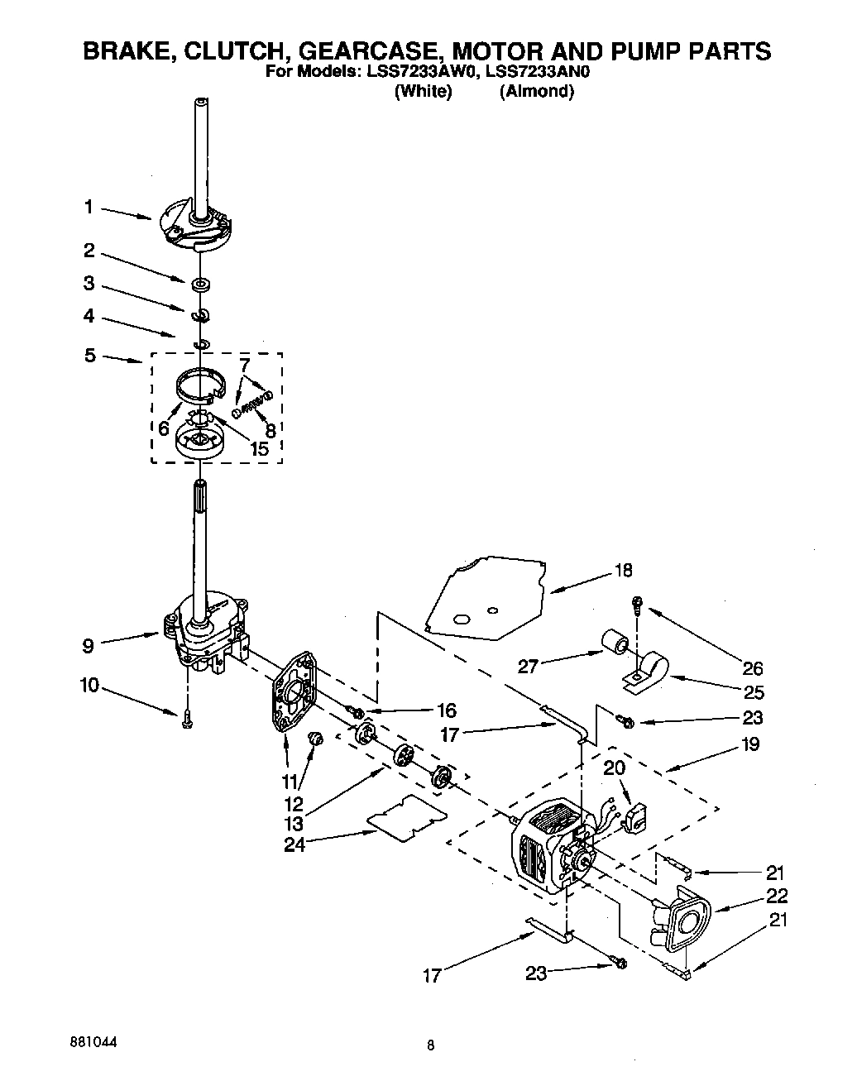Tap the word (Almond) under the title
pyautogui.click(x=536, y=92)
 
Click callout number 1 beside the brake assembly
pyautogui.click(x=89, y=208)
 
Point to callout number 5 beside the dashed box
pyautogui.click(x=89, y=356)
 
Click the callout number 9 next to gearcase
pyautogui.click(x=88, y=646)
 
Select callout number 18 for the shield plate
pyautogui.click(x=623, y=570)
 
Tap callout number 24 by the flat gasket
pyautogui.click(x=294, y=844)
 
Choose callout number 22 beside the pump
pyautogui.click(x=777, y=896)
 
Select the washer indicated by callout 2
pyautogui.click(x=199, y=285)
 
